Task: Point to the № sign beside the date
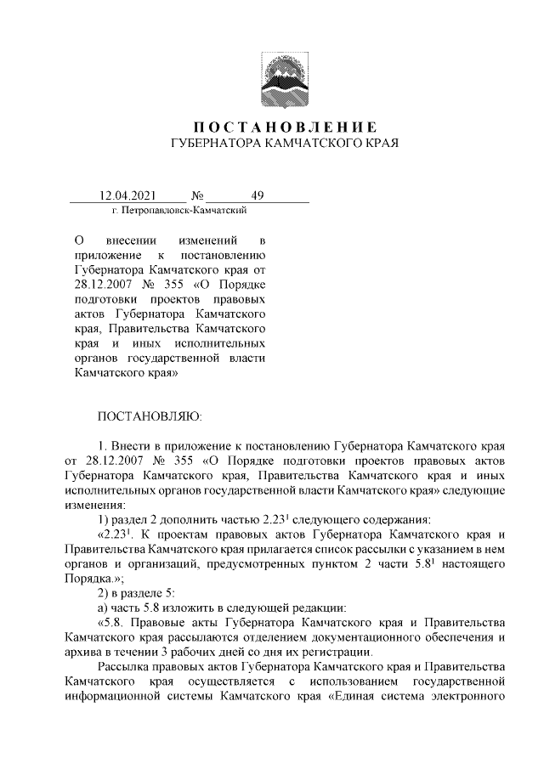point(199,196)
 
